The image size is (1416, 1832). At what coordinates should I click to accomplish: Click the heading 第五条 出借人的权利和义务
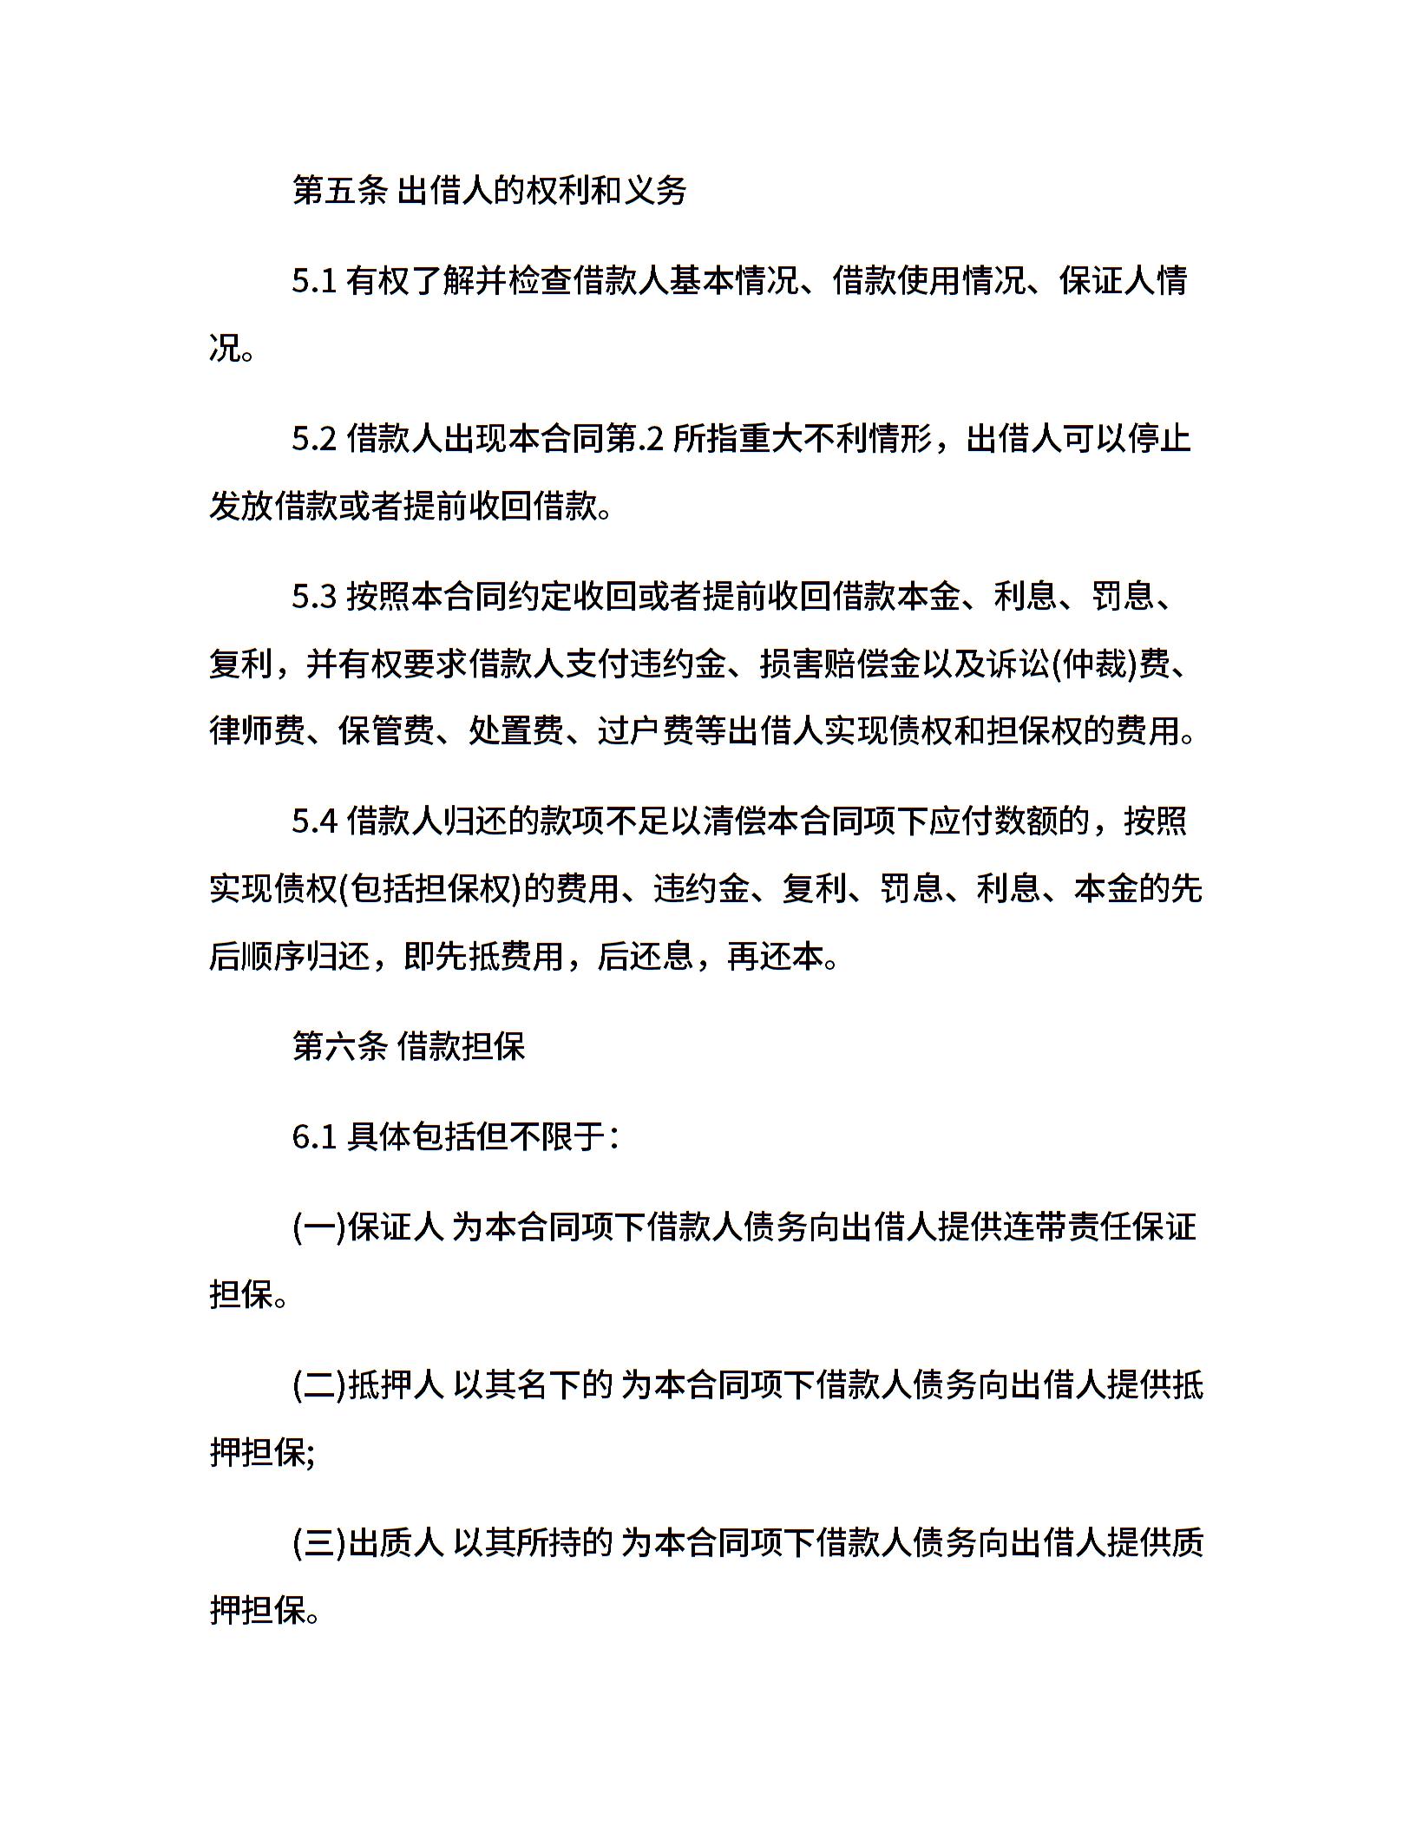point(489,191)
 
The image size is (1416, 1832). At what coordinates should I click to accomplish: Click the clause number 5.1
point(313,282)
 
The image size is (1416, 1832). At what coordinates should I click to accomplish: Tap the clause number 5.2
point(313,440)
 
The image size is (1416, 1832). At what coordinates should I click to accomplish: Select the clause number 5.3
point(313,597)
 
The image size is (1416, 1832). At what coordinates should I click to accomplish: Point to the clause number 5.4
point(313,821)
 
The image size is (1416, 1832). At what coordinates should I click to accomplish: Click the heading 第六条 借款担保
point(409,1046)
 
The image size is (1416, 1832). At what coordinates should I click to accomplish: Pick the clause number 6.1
point(313,1136)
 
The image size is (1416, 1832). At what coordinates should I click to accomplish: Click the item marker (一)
point(319,1227)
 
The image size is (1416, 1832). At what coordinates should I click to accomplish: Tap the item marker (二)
point(319,1385)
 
